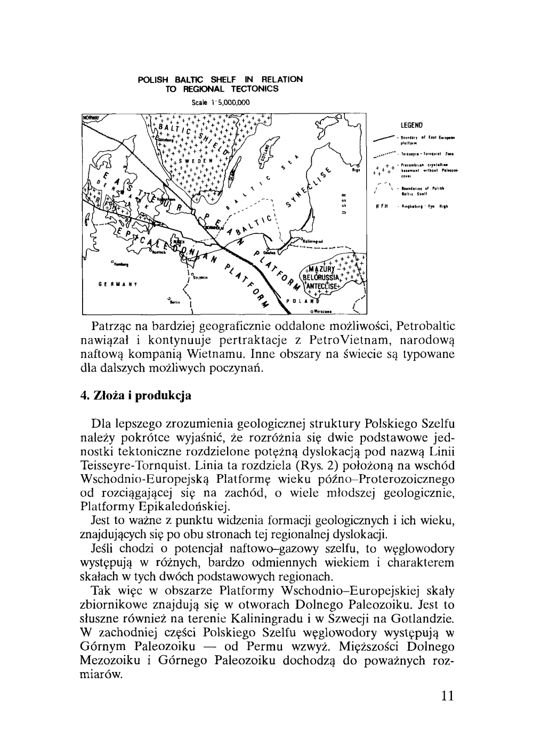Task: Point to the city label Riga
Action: tap(356, 171)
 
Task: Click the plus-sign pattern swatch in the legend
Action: tap(384, 171)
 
